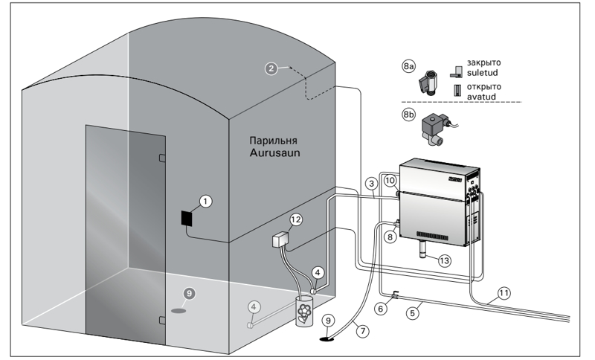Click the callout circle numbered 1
[x=206, y=201]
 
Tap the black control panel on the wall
[x=187, y=219]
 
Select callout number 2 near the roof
[x=271, y=68]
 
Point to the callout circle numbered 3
[x=371, y=184]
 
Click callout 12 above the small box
[x=295, y=219]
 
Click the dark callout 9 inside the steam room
[x=189, y=293]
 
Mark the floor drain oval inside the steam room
[x=178, y=311]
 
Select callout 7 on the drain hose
[x=363, y=331]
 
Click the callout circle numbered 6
[x=382, y=309]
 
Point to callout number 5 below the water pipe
[x=413, y=313]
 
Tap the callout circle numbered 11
[x=504, y=293]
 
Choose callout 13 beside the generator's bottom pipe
[x=444, y=261]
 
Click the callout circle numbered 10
[x=390, y=181]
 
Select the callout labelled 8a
[x=408, y=66]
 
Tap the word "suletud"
[x=482, y=72]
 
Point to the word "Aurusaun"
[x=274, y=153]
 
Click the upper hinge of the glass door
[x=162, y=158]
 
